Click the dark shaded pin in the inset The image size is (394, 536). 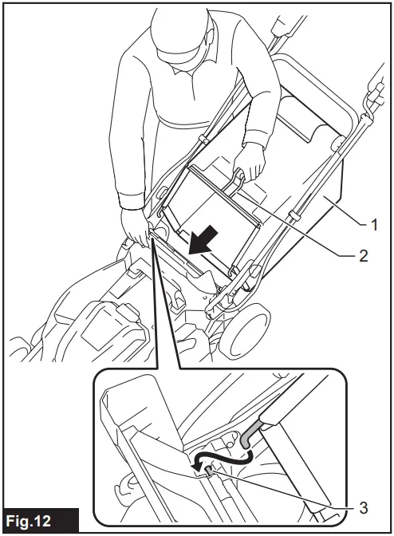tap(210, 473)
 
